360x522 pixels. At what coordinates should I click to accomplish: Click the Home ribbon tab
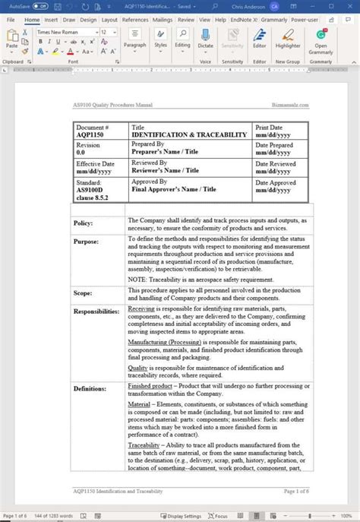pyautogui.click(x=32, y=20)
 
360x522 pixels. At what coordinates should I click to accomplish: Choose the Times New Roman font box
pyautogui.click(x=65, y=33)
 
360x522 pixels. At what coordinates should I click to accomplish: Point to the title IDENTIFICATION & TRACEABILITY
pyautogui.click(x=189, y=134)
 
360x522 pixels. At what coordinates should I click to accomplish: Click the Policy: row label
pyautogui.click(x=84, y=223)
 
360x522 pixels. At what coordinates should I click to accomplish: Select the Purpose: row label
pyautogui.click(x=86, y=241)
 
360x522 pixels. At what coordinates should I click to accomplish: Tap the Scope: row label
pyautogui.click(x=83, y=293)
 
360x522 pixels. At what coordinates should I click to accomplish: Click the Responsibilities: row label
pyautogui.click(x=96, y=311)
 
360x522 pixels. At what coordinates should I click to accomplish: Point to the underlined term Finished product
pyautogui.click(x=150, y=387)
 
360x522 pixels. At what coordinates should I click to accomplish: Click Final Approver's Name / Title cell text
pyautogui.click(x=173, y=189)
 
